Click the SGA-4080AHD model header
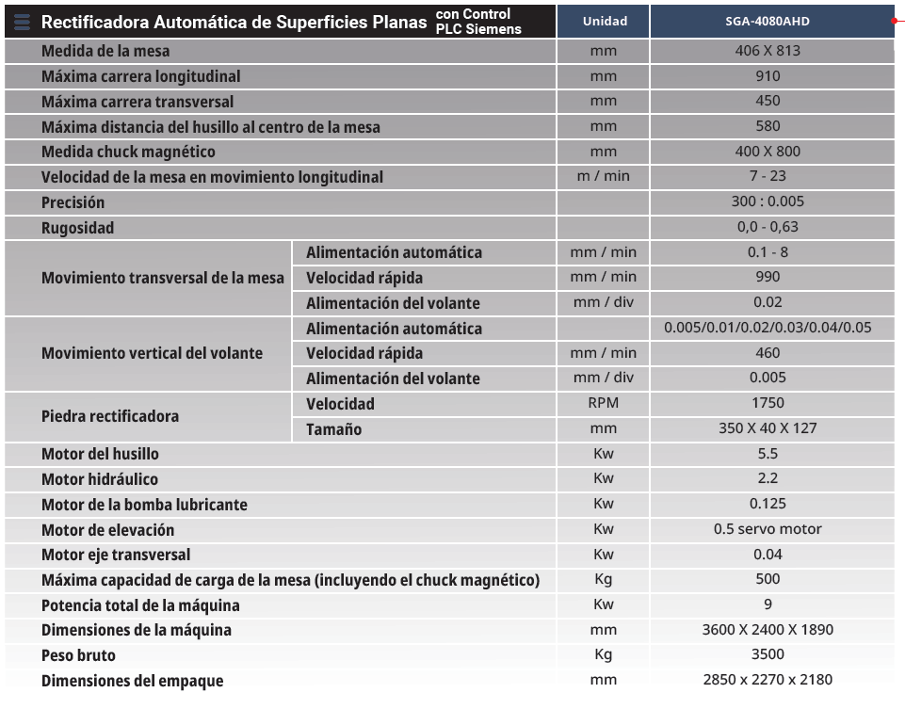pos(768,22)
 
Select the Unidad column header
pos(604,22)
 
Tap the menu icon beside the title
pos(23,22)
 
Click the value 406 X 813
pos(768,51)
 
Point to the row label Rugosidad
pos(77,228)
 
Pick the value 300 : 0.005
pos(768,201)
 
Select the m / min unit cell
pos(604,176)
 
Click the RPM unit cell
pos(604,403)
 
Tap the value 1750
pos(768,403)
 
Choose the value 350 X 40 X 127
pos(768,428)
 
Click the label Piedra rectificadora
pos(110,416)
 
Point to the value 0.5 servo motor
pos(768,529)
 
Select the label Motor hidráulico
pos(100,479)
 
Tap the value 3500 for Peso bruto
pos(768,654)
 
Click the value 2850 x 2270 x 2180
pos(768,680)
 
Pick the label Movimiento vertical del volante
pos(152,353)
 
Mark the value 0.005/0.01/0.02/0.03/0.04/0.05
pos(768,328)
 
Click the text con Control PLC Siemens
pos(478,22)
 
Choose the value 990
pos(768,277)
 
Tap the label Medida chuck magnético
pos(128,152)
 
